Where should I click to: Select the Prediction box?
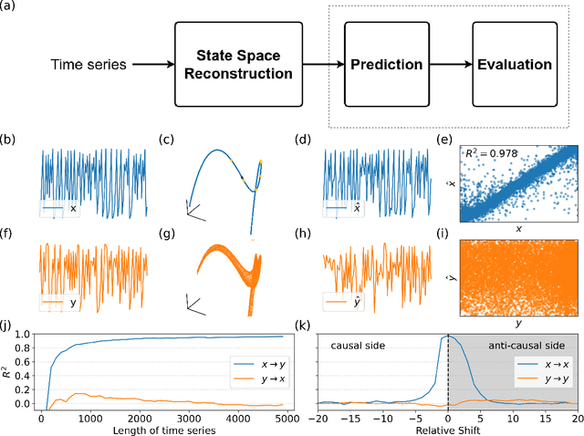coord(386,65)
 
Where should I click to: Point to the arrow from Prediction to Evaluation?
coord(450,65)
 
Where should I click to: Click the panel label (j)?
coord(8,324)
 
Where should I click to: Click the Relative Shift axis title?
coord(447,430)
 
